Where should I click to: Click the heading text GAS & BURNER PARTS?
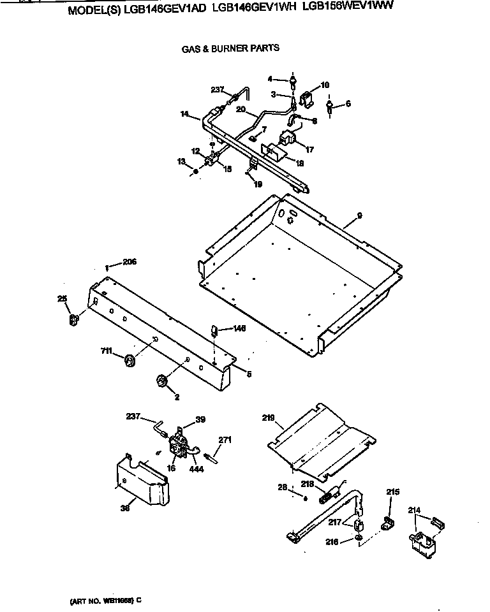[230, 48]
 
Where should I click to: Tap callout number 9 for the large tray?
[360, 216]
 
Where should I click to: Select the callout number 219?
[269, 418]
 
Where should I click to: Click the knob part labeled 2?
[161, 381]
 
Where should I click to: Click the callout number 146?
[239, 329]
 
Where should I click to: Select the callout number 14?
[185, 115]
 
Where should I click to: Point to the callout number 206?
[130, 262]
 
